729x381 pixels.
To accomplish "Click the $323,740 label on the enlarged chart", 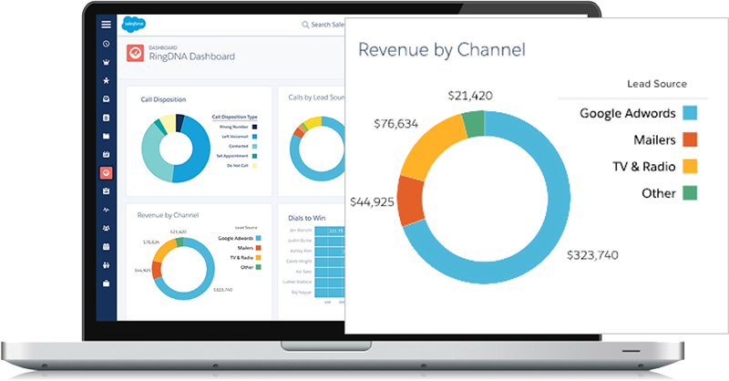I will [592, 255].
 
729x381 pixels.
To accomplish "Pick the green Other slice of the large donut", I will [474, 124].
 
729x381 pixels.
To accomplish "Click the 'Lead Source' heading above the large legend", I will [657, 84].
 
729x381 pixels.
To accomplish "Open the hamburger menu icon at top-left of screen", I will [107, 24].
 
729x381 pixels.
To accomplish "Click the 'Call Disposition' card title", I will [164, 98].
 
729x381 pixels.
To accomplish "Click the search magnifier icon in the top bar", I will [305, 25].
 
